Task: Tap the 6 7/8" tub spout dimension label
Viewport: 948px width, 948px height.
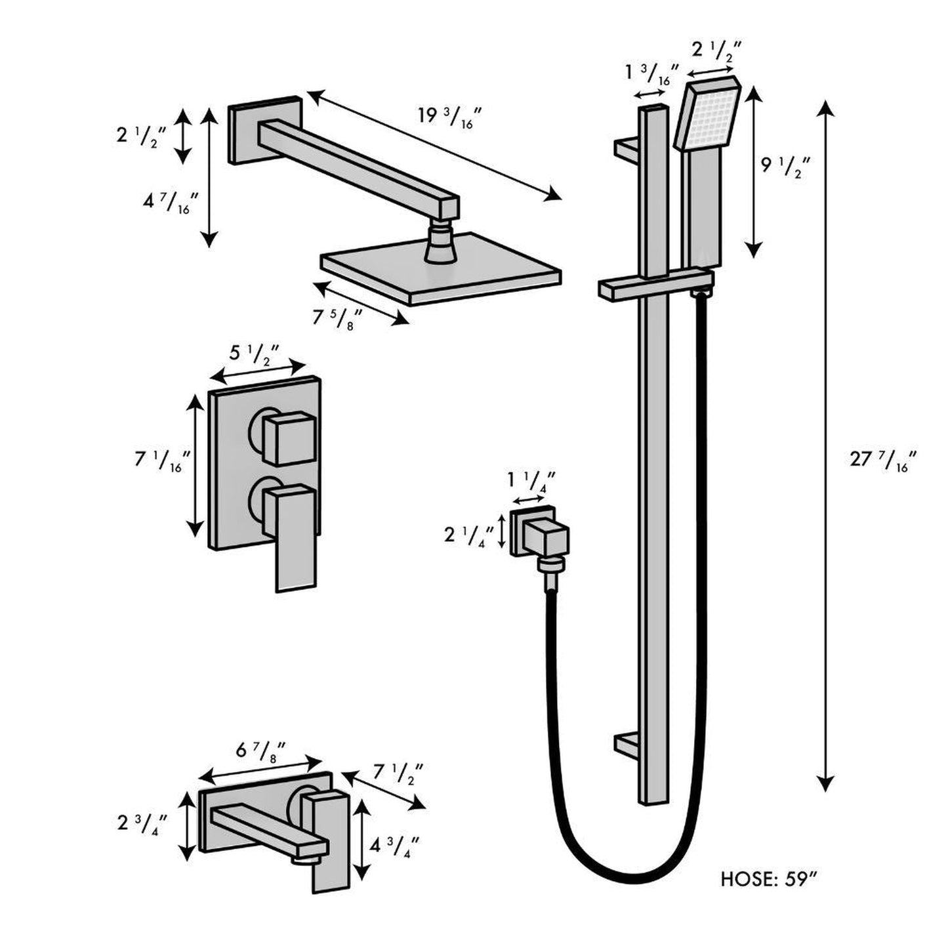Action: pos(262,750)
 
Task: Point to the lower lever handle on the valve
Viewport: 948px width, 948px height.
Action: pos(294,538)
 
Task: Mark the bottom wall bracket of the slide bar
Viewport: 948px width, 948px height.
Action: pos(627,745)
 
